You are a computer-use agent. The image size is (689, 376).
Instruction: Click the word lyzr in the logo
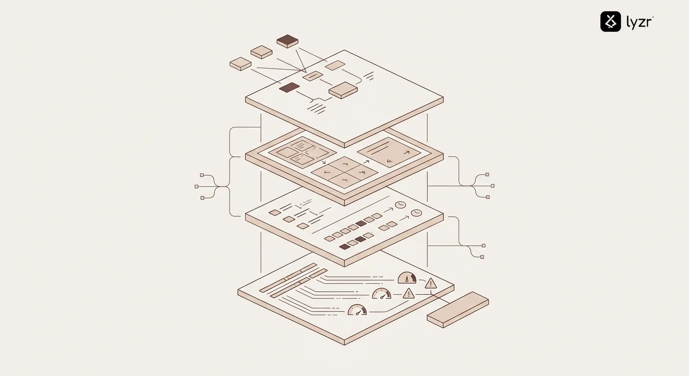coord(639,22)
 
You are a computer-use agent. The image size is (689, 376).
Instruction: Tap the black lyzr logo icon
coord(611,22)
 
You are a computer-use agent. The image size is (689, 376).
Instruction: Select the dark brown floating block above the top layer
coord(287,41)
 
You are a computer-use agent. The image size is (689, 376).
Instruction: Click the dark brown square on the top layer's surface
coord(289,87)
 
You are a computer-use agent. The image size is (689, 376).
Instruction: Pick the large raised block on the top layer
coord(343,90)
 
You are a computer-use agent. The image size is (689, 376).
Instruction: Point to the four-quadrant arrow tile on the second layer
coord(344,172)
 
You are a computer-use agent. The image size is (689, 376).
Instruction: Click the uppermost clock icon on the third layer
coord(400,205)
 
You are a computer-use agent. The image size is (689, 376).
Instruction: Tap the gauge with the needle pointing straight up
coord(407,279)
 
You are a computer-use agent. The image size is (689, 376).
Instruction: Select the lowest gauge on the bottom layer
coord(357,310)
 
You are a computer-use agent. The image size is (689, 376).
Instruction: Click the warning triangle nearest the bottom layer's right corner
coord(431,283)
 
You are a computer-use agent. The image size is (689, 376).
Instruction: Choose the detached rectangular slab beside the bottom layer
coord(458,309)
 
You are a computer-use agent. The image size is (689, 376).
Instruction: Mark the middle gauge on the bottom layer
coord(382,294)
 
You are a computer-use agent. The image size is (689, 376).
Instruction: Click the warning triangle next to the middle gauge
coord(408,294)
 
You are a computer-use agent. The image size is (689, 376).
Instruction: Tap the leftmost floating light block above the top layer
coord(240,63)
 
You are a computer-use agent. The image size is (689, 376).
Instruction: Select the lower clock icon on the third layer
coord(416,213)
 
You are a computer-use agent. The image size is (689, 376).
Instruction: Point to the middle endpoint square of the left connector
coord(196,187)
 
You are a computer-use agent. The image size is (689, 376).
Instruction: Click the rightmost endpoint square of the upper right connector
coord(492,186)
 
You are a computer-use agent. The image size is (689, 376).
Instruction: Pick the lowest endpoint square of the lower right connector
coord(482,257)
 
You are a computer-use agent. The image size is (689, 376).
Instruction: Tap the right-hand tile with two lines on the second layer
coord(389,152)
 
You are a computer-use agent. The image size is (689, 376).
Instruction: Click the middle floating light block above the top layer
coord(261,51)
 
